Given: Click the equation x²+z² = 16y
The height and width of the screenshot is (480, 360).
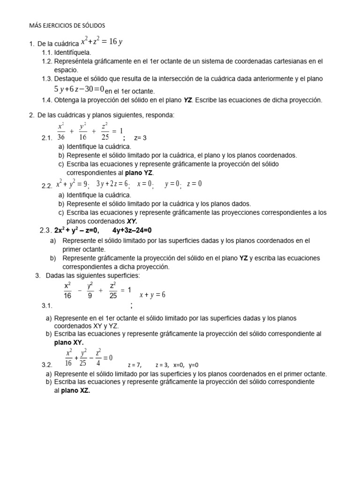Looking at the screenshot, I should tap(102, 42).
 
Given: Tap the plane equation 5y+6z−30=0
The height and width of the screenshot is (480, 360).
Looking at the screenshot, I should tap(79, 89).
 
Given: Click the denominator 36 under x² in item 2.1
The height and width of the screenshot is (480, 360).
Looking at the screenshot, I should tap(61, 137).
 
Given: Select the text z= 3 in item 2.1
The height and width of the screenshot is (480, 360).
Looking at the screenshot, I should tap(140, 138).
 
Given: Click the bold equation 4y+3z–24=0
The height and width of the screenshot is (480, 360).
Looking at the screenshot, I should tap(132, 230).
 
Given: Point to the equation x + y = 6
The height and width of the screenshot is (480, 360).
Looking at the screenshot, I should tap(152, 295).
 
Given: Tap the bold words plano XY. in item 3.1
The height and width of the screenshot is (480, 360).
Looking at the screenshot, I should tap(69, 343).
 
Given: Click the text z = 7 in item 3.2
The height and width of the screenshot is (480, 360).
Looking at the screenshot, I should tap(134, 365).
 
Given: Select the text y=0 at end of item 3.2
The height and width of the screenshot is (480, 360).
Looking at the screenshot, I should tap(194, 365).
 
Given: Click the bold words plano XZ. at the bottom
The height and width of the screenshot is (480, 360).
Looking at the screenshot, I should tap(75, 391).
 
